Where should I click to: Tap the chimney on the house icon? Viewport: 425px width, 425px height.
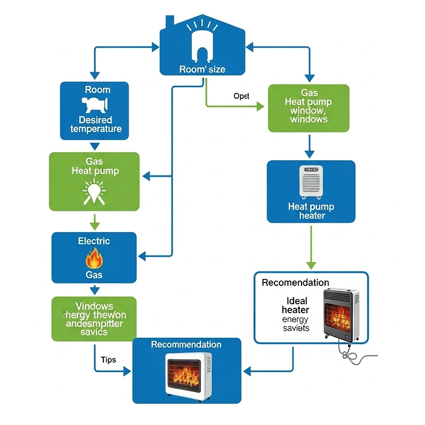click(x=170, y=21)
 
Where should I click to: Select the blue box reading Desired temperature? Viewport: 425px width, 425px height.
click(x=94, y=111)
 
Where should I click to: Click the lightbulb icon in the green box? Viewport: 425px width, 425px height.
click(x=93, y=191)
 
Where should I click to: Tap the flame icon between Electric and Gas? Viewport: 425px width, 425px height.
click(x=94, y=258)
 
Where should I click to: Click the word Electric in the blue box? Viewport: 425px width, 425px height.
click(x=94, y=241)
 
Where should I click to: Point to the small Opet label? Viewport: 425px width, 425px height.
click(x=241, y=96)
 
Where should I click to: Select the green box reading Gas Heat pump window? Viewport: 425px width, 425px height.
click(x=308, y=108)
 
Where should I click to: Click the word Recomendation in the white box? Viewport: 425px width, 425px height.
click(x=295, y=283)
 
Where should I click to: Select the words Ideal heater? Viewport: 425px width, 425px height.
click(x=295, y=306)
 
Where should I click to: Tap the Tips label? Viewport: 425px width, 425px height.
click(x=108, y=360)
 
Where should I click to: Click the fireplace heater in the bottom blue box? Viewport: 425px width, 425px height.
click(x=188, y=373)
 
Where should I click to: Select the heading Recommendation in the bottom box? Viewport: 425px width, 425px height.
click(x=186, y=345)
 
